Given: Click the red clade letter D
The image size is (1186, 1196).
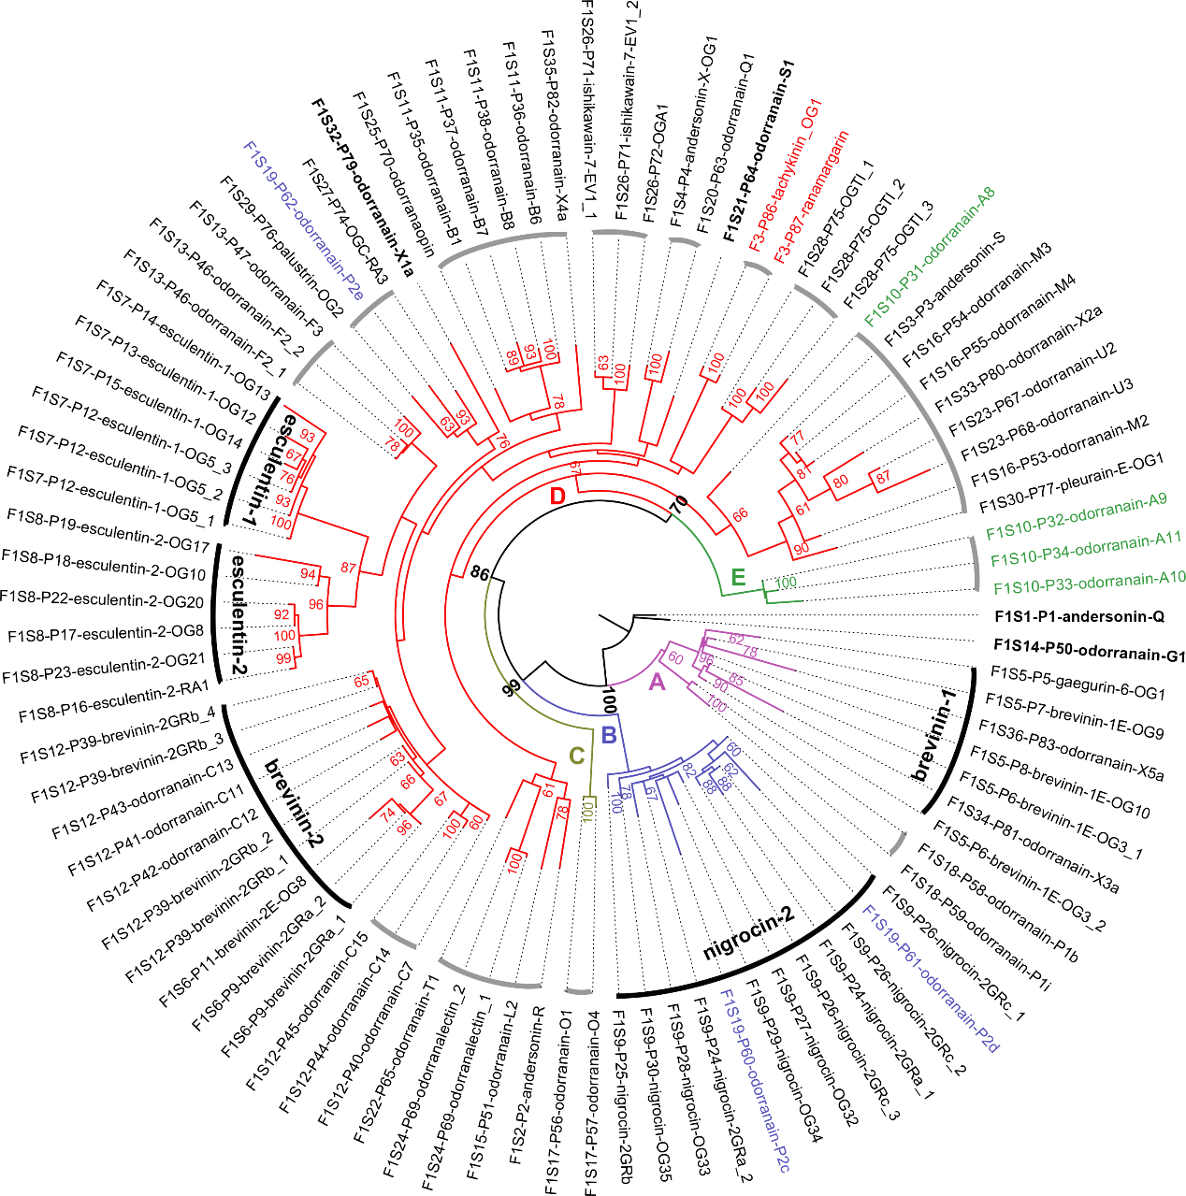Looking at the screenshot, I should pos(557,496).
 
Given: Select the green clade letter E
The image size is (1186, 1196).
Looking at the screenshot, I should pos(738,576).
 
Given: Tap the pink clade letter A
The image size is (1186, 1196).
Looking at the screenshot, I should pos(657,682).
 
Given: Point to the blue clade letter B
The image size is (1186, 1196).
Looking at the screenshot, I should pos(609,734).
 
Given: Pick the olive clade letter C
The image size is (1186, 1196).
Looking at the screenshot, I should pos(576,756).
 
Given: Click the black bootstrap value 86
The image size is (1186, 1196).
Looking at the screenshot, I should pos(480,573).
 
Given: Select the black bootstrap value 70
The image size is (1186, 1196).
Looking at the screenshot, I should pos(678,505).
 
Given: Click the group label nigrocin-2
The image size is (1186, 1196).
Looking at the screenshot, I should pos(748,932).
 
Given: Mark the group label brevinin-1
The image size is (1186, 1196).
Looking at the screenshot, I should pos(935,735).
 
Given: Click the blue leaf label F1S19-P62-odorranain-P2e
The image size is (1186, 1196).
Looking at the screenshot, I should pos(303,220).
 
